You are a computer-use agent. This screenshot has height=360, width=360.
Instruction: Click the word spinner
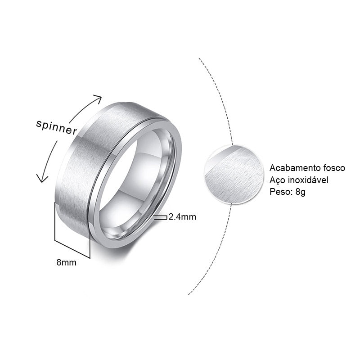[57, 127]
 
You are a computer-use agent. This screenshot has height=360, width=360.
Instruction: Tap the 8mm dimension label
[66, 262]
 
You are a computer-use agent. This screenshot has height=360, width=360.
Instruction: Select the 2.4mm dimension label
[182, 217]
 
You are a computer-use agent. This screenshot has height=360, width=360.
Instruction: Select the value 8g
[301, 192]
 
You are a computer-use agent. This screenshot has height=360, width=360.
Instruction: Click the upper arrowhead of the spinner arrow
[98, 98]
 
